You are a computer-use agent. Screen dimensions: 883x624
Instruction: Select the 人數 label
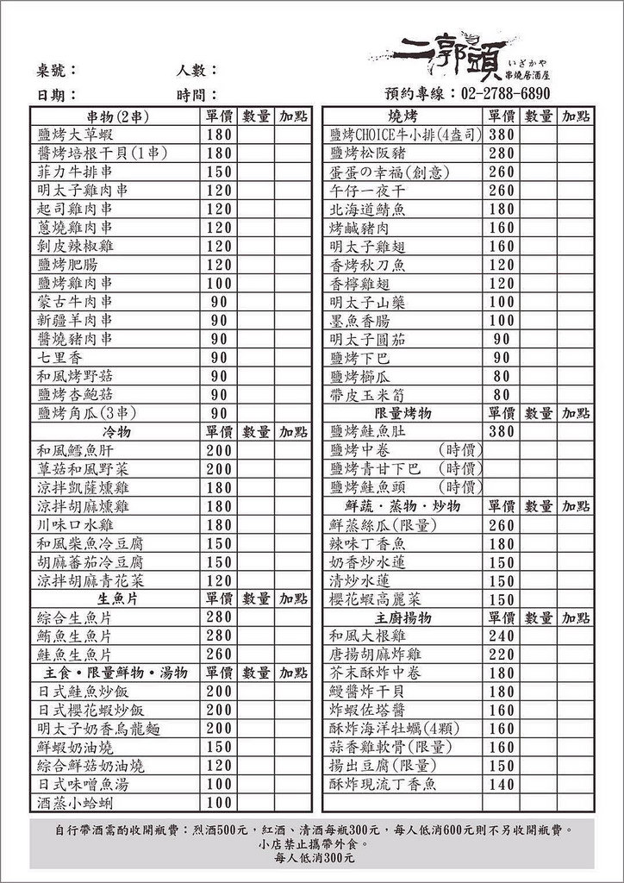pos(197,70)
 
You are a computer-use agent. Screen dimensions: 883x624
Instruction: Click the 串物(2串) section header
pos(115,116)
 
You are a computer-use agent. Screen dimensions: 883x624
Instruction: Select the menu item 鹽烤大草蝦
pos(75,135)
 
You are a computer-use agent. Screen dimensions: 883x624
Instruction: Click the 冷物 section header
pos(115,431)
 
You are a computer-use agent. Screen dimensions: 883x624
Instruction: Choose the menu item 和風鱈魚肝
pos(75,450)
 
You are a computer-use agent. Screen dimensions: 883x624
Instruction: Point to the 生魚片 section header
pos(115,598)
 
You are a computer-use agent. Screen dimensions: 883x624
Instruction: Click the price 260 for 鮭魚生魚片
pos(219,654)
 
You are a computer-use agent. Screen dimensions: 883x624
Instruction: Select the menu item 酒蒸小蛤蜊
pos(75,803)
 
